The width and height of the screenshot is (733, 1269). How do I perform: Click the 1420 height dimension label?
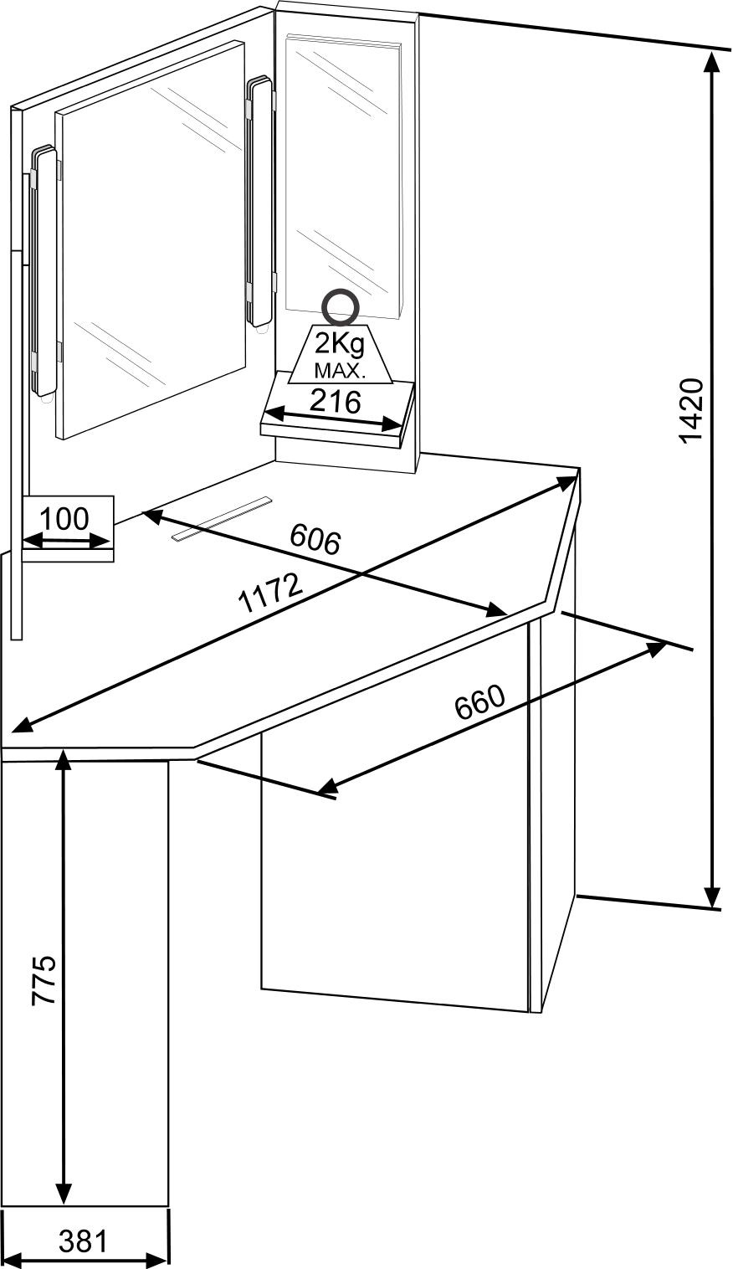coord(691,410)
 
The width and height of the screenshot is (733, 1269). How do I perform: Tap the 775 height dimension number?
coord(44,979)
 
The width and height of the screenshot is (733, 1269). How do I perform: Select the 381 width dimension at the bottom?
coord(84,1241)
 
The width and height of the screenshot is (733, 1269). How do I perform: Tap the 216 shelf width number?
coord(335,402)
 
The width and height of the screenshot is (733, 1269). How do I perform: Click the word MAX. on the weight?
coord(340,369)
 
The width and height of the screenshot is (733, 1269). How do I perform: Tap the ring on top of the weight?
coord(341,306)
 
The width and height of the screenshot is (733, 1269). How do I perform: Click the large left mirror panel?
coord(151,243)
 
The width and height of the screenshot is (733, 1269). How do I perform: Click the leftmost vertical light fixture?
coord(43,272)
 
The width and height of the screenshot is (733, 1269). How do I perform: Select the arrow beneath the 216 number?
coord(335,419)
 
